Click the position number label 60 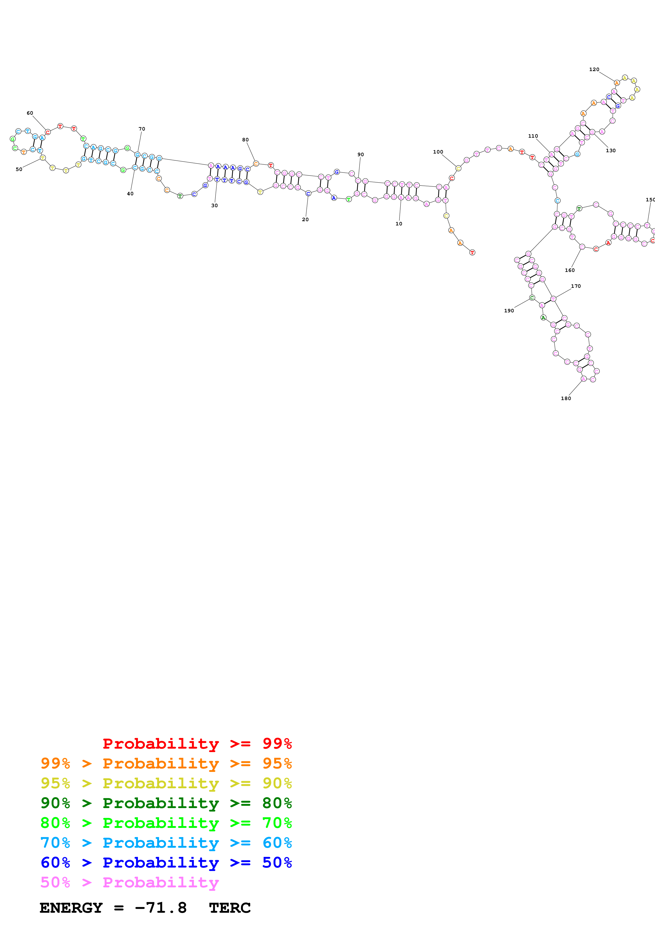tap(30, 113)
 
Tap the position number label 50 tap(19, 169)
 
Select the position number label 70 tap(142, 129)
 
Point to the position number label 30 tap(214, 206)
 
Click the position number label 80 tap(245, 140)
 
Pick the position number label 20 tap(305, 220)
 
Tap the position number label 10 tap(399, 224)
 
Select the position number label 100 tap(438, 152)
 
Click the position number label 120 tap(594, 69)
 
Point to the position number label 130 tap(611, 151)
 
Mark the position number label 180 tap(566, 398)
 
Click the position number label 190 tap(509, 311)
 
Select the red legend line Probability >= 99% tap(197, 744)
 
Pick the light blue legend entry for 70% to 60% tap(166, 843)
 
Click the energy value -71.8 tap(161, 908)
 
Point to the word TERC tap(230, 908)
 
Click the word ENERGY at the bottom tap(71, 908)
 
